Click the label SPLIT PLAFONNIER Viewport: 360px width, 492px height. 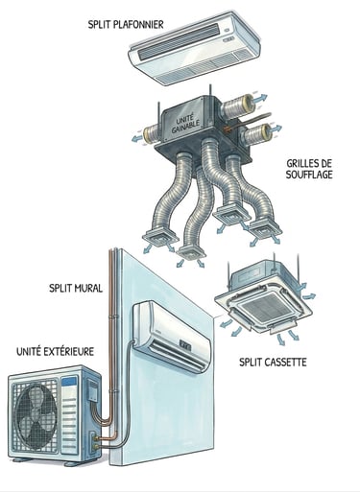tap(126, 25)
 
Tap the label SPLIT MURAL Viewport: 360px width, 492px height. tap(76, 288)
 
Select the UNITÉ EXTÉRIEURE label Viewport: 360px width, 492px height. tap(55, 352)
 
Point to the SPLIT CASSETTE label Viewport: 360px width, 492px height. tap(273, 363)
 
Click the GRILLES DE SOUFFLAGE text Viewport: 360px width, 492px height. tap(309, 169)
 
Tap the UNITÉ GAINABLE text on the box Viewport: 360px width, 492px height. tap(185, 125)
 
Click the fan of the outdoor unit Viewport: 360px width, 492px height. tap(37, 410)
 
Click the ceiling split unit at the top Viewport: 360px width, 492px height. tap(195, 47)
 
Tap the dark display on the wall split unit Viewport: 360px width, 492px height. tap(185, 344)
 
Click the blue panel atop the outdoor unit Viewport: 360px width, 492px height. tap(69, 382)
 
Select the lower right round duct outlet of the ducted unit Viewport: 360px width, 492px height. tap(258, 134)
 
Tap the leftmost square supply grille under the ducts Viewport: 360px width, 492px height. tap(160, 238)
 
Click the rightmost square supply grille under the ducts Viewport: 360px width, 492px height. tap(265, 230)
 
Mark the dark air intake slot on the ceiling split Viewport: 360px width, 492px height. tap(180, 41)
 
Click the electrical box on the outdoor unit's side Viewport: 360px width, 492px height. tap(93, 390)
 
